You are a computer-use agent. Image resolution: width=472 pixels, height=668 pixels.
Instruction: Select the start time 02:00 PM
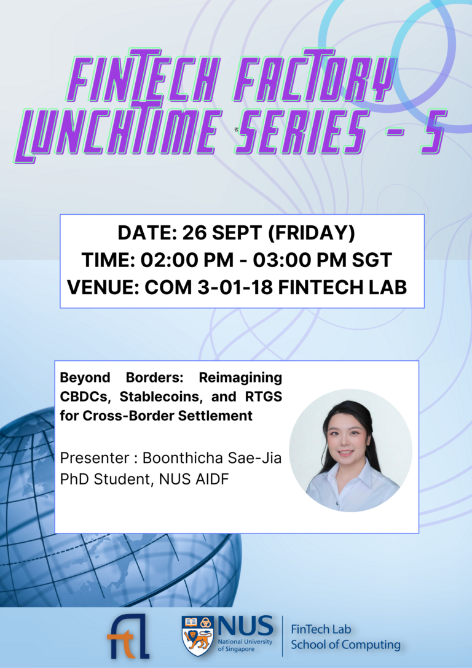[179, 260]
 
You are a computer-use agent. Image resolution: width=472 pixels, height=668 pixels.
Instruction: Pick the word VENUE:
[103, 287]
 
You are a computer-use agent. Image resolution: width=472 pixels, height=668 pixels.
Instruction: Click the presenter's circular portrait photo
[351, 450]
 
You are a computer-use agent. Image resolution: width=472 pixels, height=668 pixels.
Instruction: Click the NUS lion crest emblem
[198, 635]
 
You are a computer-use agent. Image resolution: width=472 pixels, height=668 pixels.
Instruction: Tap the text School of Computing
[345, 645]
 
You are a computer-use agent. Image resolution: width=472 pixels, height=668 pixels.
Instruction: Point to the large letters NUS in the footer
[244, 627]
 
